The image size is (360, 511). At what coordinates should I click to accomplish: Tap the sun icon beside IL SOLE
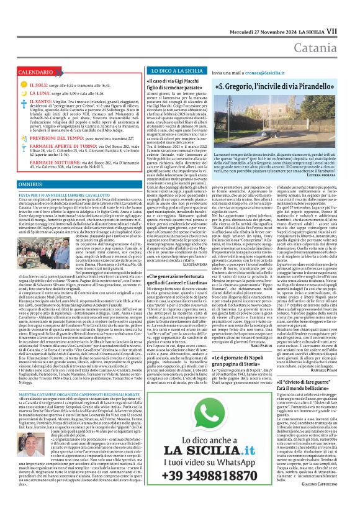click(x=23, y=84)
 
